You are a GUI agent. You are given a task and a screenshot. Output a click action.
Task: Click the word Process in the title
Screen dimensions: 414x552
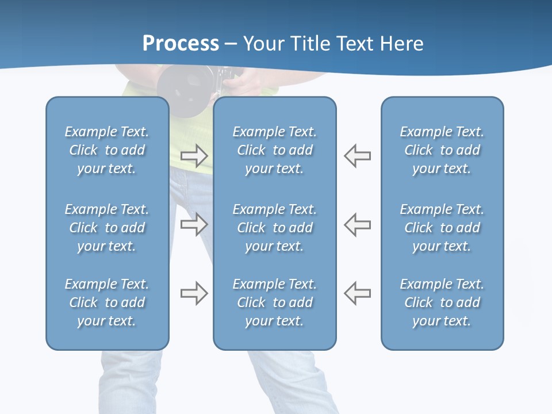(x=181, y=44)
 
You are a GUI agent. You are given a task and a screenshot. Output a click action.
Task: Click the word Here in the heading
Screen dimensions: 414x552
(x=402, y=44)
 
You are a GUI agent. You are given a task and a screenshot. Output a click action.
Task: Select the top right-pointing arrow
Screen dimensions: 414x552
(x=194, y=155)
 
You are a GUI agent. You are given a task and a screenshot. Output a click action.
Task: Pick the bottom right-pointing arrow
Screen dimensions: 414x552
(x=194, y=293)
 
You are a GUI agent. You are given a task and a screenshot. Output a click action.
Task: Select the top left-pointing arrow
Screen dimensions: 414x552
(x=358, y=155)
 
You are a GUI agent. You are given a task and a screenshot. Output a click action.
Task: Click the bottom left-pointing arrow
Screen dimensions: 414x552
(x=358, y=293)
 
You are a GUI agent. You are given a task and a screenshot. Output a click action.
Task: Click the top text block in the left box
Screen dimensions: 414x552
(x=107, y=150)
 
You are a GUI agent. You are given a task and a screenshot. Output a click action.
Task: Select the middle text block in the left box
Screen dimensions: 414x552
(x=107, y=228)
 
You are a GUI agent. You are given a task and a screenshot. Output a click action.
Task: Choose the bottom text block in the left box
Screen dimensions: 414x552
(x=107, y=302)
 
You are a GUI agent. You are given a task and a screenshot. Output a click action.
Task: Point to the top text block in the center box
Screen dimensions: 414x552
(x=275, y=150)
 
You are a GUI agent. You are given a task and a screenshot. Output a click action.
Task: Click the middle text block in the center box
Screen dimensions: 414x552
(x=275, y=228)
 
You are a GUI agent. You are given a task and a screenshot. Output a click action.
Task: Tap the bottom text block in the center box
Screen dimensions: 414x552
(x=275, y=302)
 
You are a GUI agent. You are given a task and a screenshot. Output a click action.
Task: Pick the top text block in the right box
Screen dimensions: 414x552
(x=442, y=150)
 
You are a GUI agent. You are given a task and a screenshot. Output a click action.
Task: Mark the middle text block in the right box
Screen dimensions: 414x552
(x=442, y=228)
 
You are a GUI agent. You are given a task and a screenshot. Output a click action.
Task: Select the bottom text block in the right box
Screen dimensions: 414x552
(x=442, y=302)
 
